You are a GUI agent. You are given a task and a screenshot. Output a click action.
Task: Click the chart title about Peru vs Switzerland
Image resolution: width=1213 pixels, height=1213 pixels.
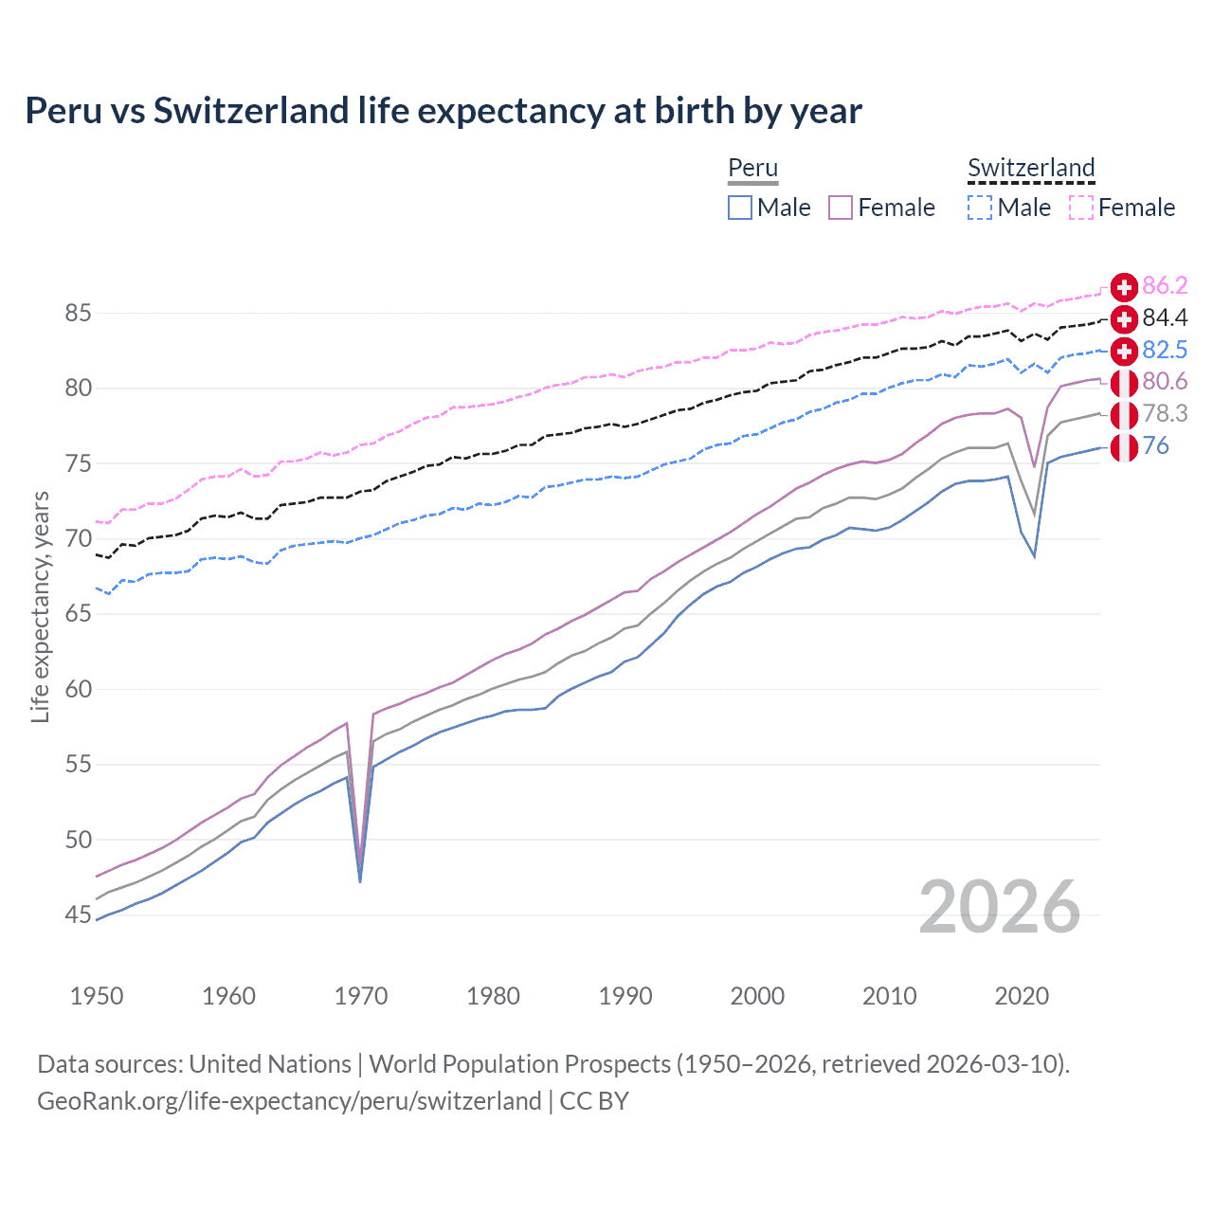tap(444, 111)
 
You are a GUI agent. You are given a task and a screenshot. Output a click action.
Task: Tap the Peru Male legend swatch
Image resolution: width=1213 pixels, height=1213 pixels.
tap(740, 208)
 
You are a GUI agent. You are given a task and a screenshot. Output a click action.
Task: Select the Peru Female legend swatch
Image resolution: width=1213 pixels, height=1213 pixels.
tap(841, 208)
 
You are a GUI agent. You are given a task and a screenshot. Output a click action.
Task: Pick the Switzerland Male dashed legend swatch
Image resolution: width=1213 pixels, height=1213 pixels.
tap(980, 208)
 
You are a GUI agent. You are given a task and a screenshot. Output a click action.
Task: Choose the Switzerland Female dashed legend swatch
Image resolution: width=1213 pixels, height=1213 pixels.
tap(1081, 208)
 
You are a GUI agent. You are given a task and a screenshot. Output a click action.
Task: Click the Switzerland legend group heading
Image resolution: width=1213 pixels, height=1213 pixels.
tap(1031, 168)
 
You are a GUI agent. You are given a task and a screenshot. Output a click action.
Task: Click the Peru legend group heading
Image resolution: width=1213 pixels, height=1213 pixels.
tap(752, 168)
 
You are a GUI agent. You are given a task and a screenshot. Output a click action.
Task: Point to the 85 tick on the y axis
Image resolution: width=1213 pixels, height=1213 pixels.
tap(79, 313)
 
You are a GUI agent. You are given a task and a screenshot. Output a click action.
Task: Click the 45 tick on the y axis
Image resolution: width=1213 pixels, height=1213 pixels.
tap(79, 914)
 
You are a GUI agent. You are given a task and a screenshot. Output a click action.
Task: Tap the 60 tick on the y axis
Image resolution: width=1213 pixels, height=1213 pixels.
tap(79, 689)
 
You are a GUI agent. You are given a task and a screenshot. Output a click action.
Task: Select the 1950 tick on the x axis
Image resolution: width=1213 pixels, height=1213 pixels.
tap(97, 996)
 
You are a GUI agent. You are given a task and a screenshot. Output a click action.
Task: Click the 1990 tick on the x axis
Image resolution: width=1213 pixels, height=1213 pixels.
tap(625, 996)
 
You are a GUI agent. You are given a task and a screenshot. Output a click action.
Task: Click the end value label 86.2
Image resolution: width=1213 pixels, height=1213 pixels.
tap(1165, 286)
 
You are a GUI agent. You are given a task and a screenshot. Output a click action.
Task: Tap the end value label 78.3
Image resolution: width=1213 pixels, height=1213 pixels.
tap(1165, 414)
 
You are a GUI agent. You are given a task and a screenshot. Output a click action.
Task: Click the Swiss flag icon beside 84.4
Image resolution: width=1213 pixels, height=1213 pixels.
tap(1124, 318)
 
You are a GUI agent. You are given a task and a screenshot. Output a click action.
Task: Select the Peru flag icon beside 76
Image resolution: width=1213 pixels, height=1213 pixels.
tap(1124, 446)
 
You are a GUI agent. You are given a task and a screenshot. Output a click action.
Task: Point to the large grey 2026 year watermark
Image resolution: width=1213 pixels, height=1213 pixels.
tap(1000, 907)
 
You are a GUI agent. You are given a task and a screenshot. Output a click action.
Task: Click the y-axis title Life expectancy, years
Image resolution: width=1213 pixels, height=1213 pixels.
tap(41, 606)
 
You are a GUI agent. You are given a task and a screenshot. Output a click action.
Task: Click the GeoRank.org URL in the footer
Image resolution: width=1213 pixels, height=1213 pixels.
tap(289, 1101)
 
